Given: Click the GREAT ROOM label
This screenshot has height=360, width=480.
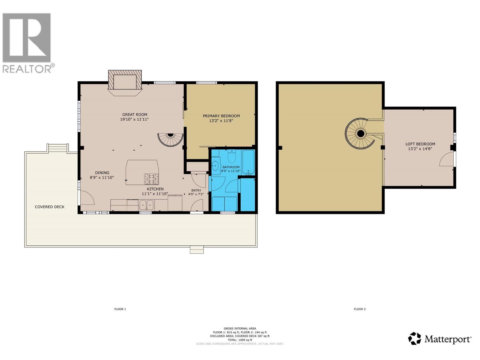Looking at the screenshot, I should point(134,114).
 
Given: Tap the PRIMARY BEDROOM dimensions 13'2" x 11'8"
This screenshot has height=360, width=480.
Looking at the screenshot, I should point(221,121).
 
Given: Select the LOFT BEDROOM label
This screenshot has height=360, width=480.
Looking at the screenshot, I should point(420,144).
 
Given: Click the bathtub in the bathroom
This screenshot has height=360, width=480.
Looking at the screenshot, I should point(248,162).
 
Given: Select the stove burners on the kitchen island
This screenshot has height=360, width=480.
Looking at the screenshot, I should point(151,179).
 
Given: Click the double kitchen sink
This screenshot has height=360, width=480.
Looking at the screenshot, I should point(146,205).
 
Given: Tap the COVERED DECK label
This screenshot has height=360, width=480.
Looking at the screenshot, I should point(49,207).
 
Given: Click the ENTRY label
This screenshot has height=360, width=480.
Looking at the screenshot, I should point(196,190).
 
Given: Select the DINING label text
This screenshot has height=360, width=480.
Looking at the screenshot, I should point(102,172).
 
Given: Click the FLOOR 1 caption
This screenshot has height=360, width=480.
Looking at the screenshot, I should point(120,309).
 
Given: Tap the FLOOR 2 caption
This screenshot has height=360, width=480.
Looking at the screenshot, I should point(360,309).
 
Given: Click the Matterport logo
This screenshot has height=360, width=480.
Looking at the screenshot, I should point(440,339).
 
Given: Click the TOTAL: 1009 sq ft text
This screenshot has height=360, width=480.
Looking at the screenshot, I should point(240,340).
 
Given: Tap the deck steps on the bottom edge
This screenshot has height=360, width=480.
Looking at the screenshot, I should point(197,250).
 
